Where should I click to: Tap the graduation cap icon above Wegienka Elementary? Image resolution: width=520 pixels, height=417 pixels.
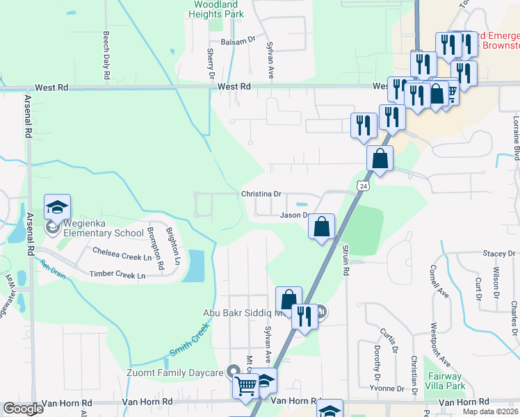(58, 207)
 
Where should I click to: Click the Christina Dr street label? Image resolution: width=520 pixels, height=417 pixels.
(260, 195)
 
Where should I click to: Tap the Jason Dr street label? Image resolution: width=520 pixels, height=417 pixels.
(293, 215)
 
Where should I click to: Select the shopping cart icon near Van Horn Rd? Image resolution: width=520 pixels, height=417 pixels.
(245, 385)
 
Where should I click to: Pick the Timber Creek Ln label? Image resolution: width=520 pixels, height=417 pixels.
(117, 275)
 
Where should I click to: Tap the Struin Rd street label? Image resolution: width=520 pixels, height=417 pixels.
(345, 259)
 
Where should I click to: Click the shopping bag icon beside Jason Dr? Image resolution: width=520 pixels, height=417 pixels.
(321, 226)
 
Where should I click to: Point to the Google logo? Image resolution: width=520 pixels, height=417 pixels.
(23, 409)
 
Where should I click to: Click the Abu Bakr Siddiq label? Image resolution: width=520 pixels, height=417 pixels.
(240, 313)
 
